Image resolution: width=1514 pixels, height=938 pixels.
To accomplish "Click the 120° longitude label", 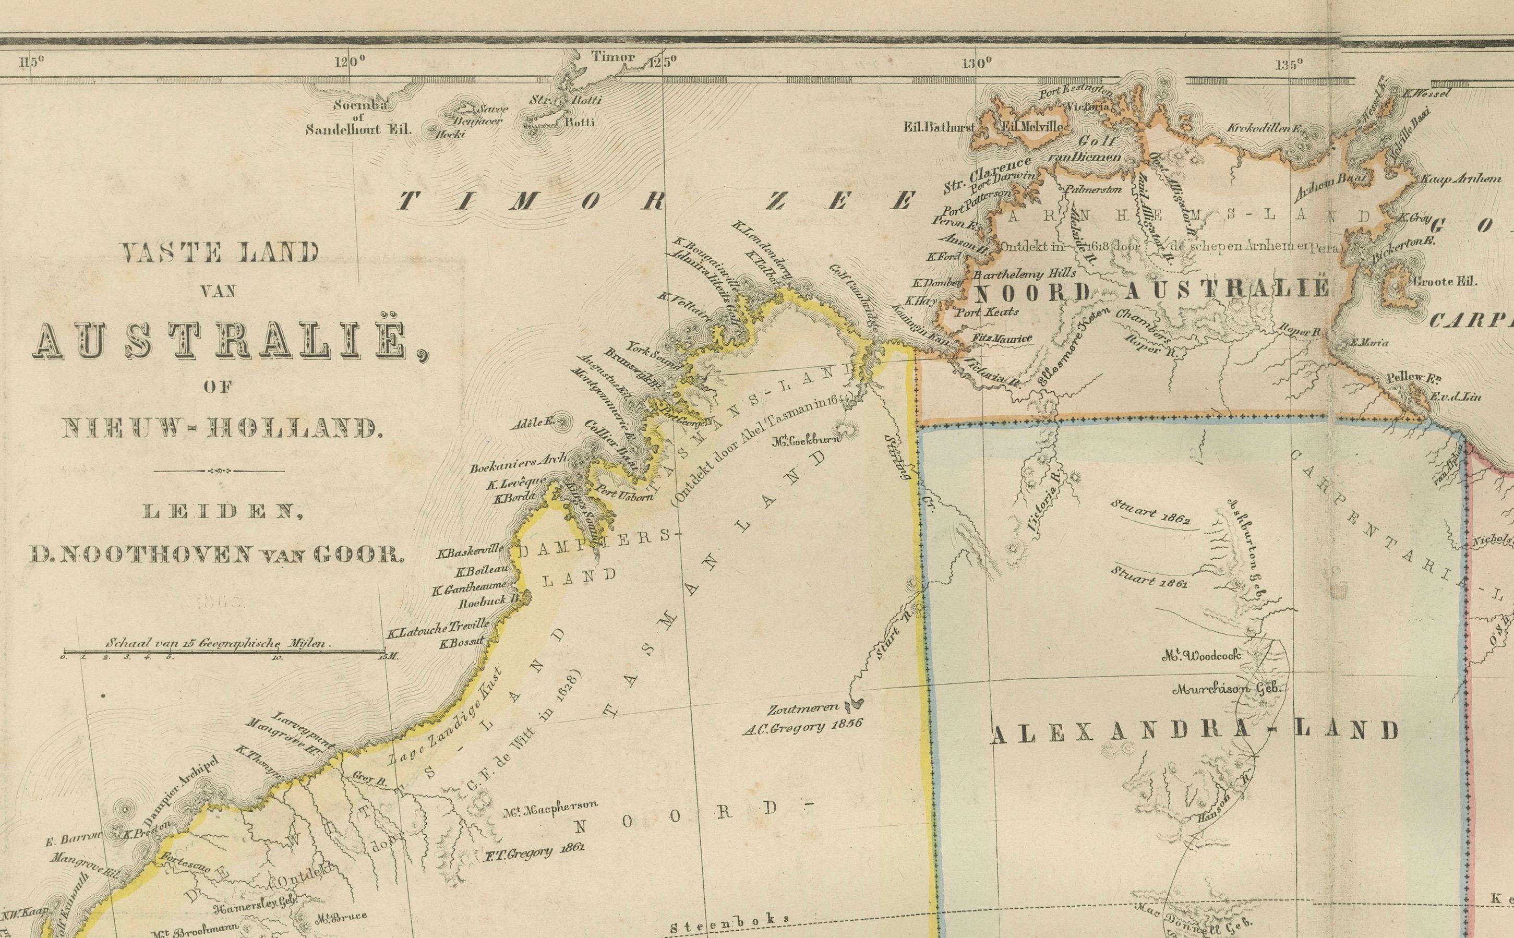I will click(x=350, y=62).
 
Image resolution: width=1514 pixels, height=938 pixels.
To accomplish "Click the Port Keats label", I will click(x=988, y=311).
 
